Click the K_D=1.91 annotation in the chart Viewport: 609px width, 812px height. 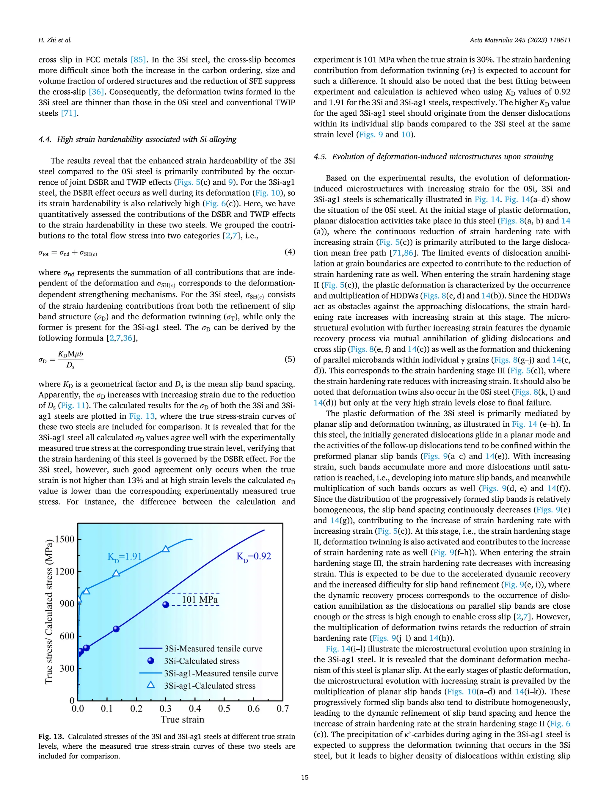click(x=124, y=557)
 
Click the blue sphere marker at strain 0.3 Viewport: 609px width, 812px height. click(x=166, y=604)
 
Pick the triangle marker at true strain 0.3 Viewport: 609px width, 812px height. click(x=166, y=549)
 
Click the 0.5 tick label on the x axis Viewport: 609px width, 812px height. click(x=224, y=709)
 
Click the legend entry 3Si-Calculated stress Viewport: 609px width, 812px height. click(x=202, y=661)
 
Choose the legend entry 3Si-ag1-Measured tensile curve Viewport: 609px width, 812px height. click(x=221, y=674)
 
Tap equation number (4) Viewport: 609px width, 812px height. click(x=290, y=252)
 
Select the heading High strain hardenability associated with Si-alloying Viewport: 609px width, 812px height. click(x=147, y=139)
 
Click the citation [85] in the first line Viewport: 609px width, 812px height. click(x=138, y=59)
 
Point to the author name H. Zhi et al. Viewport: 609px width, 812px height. click(x=55, y=40)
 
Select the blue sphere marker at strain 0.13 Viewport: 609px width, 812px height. click(x=116, y=629)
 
